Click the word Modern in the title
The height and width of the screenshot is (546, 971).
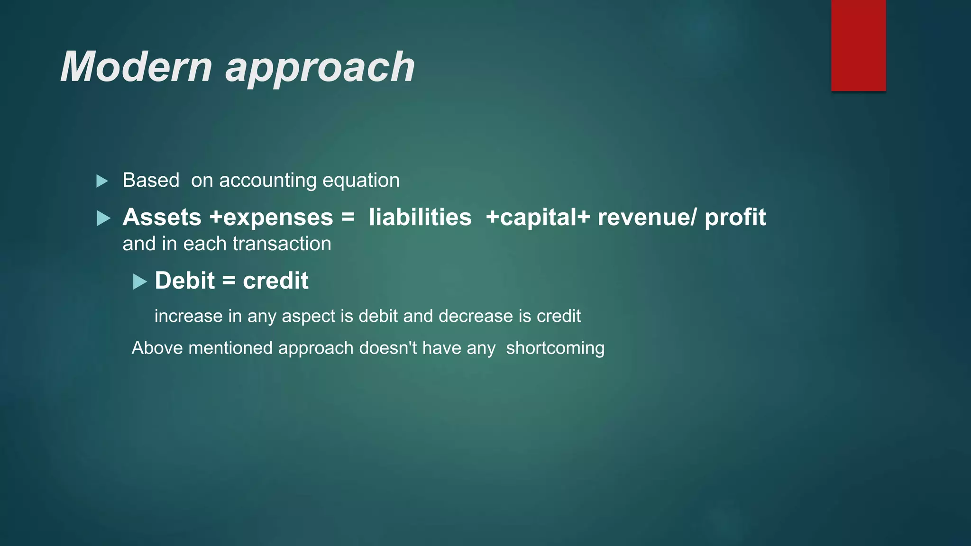136,67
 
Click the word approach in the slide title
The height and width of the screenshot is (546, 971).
320,69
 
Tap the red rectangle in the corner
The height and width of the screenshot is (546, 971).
858,45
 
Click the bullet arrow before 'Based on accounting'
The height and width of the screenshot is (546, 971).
102,181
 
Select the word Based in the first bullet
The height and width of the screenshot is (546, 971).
151,181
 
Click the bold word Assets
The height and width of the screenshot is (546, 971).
162,218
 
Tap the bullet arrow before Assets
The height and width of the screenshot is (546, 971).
103,218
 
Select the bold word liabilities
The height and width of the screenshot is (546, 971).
420,218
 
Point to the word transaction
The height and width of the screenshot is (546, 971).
282,244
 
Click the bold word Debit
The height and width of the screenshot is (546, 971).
184,281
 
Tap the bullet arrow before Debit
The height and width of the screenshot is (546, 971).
139,282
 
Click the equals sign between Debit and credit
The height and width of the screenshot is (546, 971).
229,281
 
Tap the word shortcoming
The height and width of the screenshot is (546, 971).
555,348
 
